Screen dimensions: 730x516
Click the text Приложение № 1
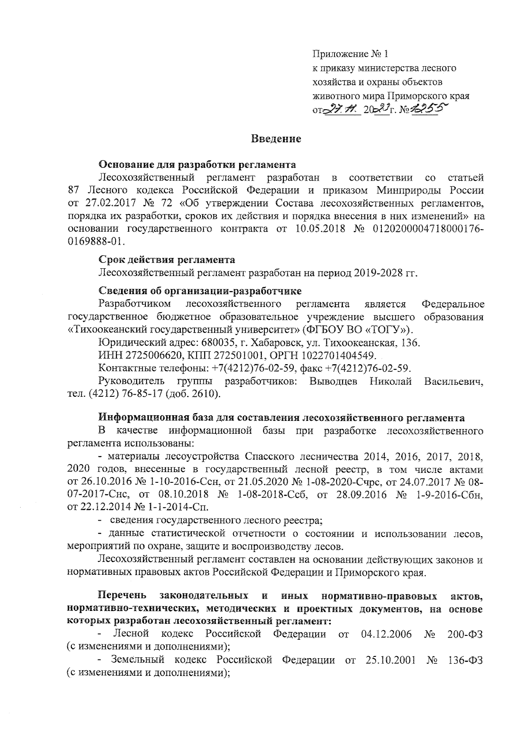click(350, 55)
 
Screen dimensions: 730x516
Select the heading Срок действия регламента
click(167, 260)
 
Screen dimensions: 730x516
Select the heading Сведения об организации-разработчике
click(200, 292)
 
